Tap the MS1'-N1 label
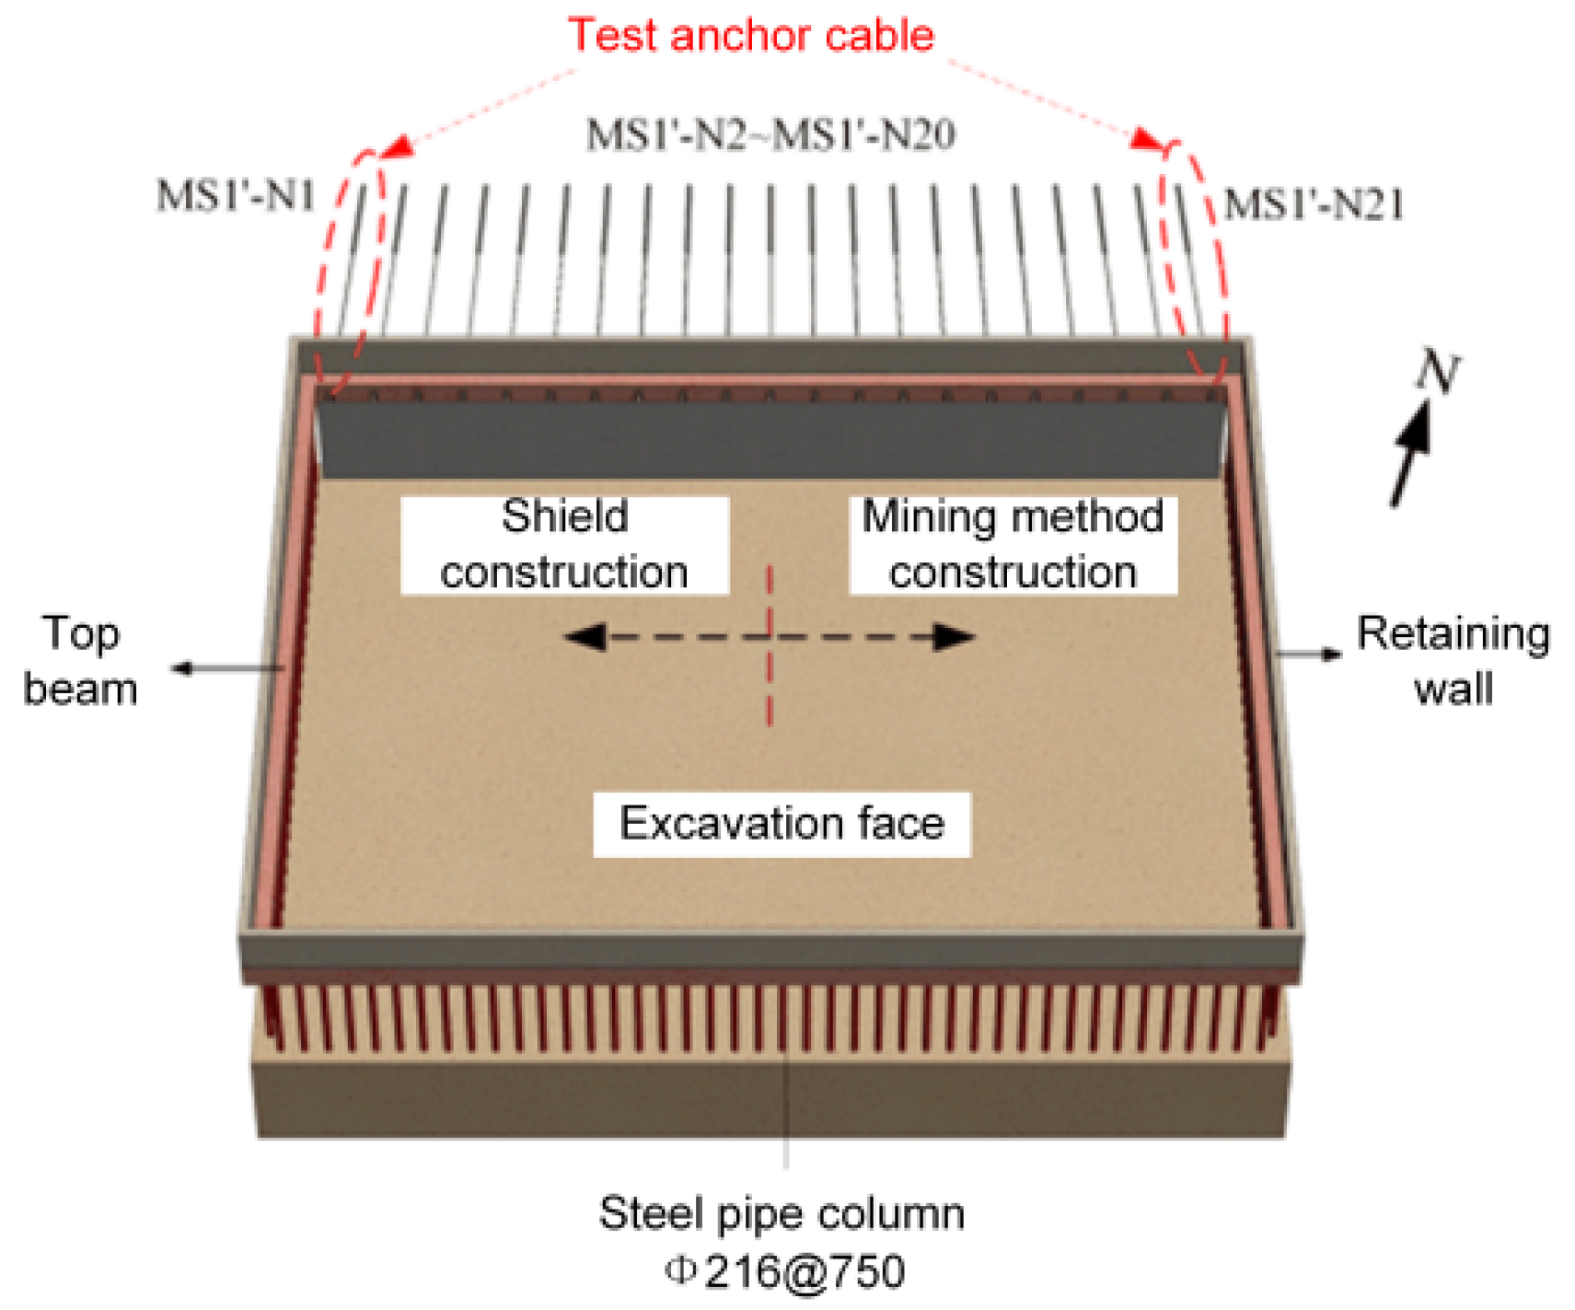pyautogui.click(x=236, y=196)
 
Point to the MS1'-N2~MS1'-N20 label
pyautogui.click(x=770, y=135)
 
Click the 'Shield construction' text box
pyautogui.click(x=564, y=545)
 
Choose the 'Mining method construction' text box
pyautogui.click(x=1013, y=545)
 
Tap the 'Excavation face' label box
pyautogui.click(x=782, y=824)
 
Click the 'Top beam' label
pyautogui.click(x=81, y=661)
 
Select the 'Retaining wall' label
pyautogui.click(x=1453, y=661)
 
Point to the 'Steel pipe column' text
pyautogui.click(x=782, y=1214)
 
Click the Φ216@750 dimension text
pyautogui.click(x=785, y=1272)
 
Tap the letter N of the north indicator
pyautogui.click(x=1437, y=373)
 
